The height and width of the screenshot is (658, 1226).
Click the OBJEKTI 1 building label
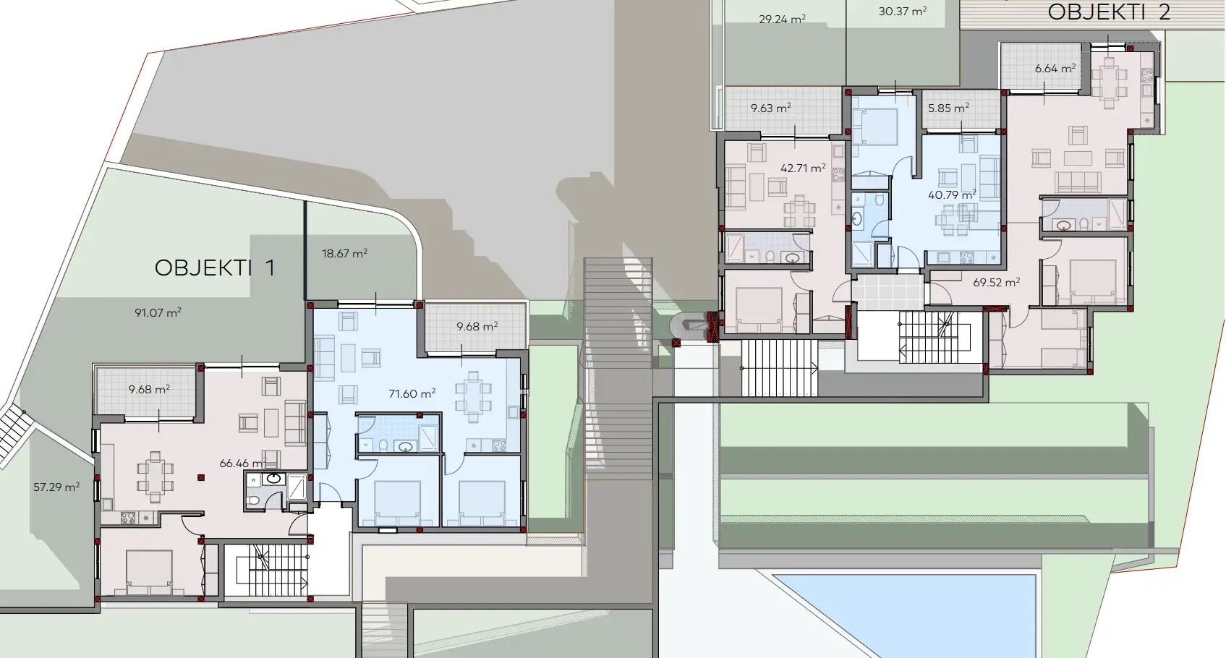click(215, 268)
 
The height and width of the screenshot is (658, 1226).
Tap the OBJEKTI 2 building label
click(1109, 12)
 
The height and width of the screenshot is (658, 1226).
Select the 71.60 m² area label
click(412, 394)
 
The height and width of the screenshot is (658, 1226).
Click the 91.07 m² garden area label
click(158, 313)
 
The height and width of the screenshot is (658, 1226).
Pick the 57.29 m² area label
click(56, 487)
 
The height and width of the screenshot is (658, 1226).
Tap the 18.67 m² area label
click(344, 254)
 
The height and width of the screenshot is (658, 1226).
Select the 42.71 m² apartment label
click(803, 168)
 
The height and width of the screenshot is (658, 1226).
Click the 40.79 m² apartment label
click(952, 195)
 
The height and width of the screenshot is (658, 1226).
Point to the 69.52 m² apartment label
click(996, 283)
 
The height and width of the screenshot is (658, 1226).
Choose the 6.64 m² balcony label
click(1055, 69)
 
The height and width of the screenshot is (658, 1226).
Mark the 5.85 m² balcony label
click(948, 108)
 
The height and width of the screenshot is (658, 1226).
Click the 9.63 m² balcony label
click(770, 108)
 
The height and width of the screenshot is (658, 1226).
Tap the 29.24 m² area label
click(782, 20)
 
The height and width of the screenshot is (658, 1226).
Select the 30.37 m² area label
click(903, 12)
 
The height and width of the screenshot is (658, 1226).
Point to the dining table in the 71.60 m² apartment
click(473, 396)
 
